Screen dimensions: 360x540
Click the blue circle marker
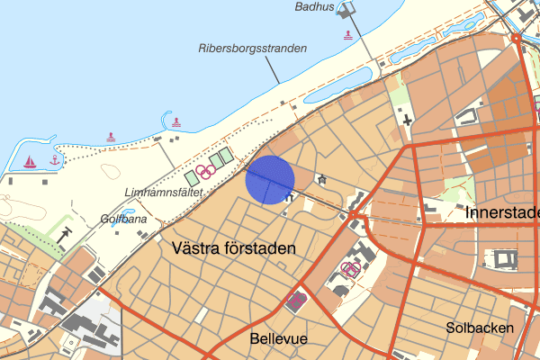point(269,179)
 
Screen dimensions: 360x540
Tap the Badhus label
point(314,7)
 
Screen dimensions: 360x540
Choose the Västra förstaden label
point(231,247)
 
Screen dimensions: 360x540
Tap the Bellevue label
point(278,338)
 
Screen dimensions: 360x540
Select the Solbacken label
point(480,328)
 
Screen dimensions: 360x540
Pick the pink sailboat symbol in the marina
point(30,162)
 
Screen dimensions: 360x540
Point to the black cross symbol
point(409,120)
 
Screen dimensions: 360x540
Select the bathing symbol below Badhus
point(347,34)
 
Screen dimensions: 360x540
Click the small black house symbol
point(321,179)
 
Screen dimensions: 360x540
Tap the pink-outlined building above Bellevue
point(295,301)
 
